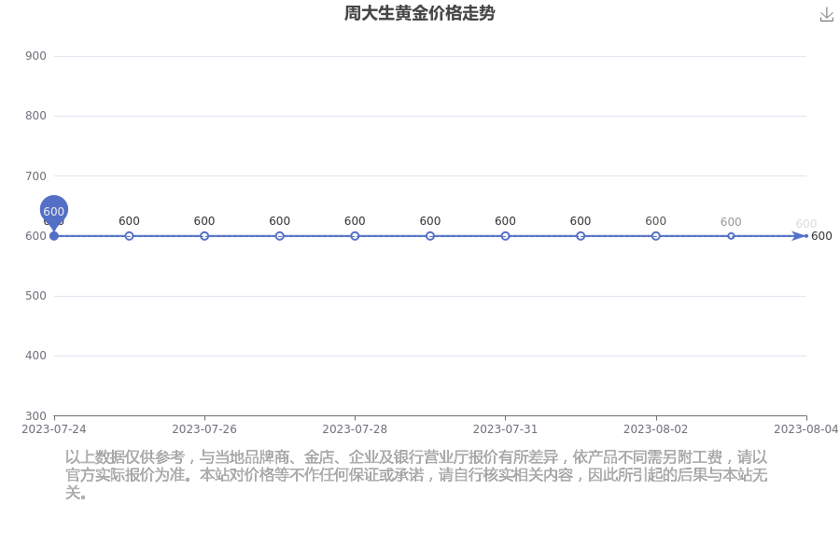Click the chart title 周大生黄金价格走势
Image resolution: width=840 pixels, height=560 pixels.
point(419,13)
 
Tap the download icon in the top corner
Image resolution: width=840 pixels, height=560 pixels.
point(827,15)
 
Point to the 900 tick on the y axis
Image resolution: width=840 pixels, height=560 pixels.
point(35,56)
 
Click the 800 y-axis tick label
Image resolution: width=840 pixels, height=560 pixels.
point(35,116)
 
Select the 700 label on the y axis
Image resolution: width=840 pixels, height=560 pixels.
point(35,175)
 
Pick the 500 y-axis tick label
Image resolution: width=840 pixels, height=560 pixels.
point(35,296)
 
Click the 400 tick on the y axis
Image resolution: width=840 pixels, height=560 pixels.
point(35,356)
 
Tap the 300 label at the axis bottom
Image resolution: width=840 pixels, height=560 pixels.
point(35,416)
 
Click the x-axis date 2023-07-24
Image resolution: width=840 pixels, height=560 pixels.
point(53,429)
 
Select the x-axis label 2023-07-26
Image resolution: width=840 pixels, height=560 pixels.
point(204,429)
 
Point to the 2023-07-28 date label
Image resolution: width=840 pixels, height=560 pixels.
point(355,429)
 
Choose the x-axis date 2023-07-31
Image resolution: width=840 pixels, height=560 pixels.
point(505,429)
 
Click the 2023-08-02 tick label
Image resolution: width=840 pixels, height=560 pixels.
point(656,429)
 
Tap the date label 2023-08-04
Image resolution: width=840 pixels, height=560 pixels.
point(806,429)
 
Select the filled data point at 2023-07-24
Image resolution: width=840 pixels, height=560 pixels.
point(54,236)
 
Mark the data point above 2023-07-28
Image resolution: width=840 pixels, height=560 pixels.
point(355,236)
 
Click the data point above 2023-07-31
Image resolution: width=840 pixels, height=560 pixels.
point(505,236)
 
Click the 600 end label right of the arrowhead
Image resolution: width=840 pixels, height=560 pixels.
point(821,236)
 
